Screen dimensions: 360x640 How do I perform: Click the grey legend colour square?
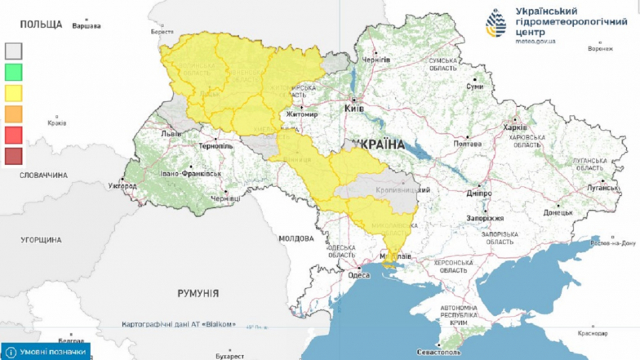(x=14, y=51)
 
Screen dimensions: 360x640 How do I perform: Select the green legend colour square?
(x=14, y=72)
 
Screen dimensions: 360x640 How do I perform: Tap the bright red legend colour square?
(x=14, y=134)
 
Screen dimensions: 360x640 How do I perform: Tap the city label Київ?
(x=354, y=108)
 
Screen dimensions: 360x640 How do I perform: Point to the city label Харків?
(x=515, y=127)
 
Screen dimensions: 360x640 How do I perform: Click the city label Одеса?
(x=359, y=275)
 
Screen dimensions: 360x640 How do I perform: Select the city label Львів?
(x=171, y=133)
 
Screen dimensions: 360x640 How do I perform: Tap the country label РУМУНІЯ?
(x=198, y=292)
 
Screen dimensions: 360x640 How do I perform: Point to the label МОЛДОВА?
(x=296, y=238)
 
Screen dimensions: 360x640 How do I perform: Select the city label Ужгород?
(x=122, y=186)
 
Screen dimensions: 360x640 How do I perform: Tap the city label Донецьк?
(x=559, y=211)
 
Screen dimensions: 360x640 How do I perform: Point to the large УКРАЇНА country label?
(x=380, y=144)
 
